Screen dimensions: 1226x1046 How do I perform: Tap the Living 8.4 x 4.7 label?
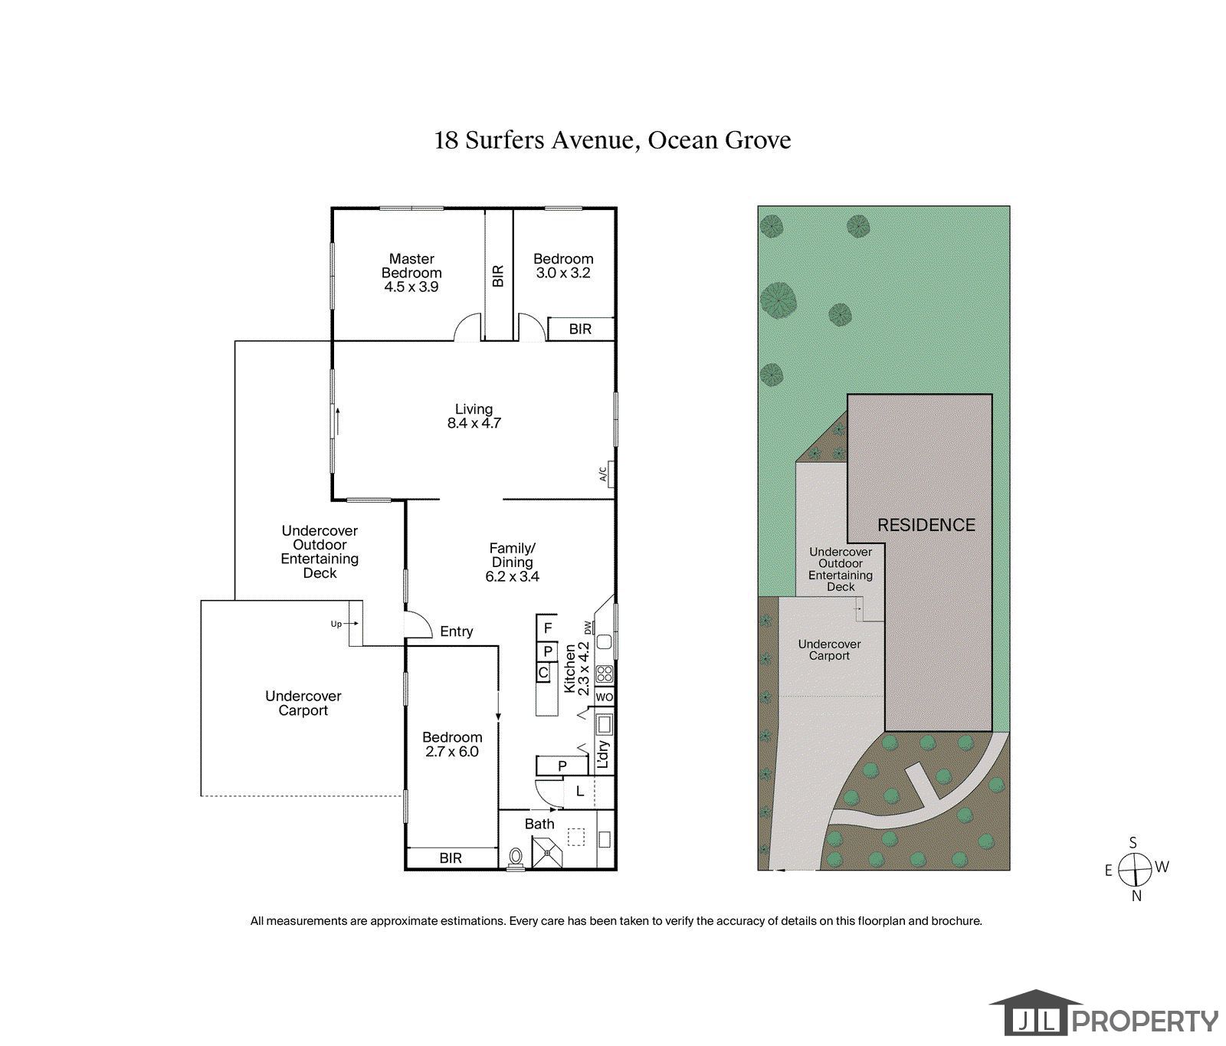474,416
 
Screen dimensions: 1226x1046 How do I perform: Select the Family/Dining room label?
513,562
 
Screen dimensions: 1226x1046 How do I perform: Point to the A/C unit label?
604,474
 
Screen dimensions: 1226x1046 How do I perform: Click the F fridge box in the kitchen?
548,628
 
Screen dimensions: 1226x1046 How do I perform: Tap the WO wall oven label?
605,697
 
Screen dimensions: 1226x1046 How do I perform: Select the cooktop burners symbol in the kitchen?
605,674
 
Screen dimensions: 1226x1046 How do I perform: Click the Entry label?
457,631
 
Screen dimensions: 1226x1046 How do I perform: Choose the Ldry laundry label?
603,754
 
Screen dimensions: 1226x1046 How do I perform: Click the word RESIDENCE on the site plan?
926,526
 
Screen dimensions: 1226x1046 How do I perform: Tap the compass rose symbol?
1135,870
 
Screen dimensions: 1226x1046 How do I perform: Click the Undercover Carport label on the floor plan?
303,703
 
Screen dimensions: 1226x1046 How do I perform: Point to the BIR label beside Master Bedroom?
499,275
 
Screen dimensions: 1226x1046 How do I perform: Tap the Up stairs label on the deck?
336,624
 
